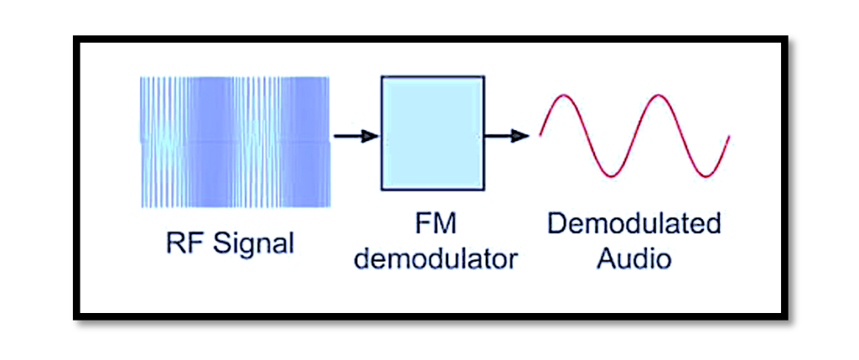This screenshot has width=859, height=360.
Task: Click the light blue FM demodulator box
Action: (432, 133)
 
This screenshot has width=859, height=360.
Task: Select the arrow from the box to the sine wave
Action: (506, 134)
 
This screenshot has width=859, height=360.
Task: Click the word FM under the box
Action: (434, 224)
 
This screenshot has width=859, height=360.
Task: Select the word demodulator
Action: (434, 258)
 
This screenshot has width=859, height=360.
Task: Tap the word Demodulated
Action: (633, 224)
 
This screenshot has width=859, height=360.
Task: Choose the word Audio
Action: (633, 258)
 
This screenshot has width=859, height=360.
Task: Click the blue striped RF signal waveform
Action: (235, 141)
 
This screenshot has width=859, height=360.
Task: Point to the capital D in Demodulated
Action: (556, 224)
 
